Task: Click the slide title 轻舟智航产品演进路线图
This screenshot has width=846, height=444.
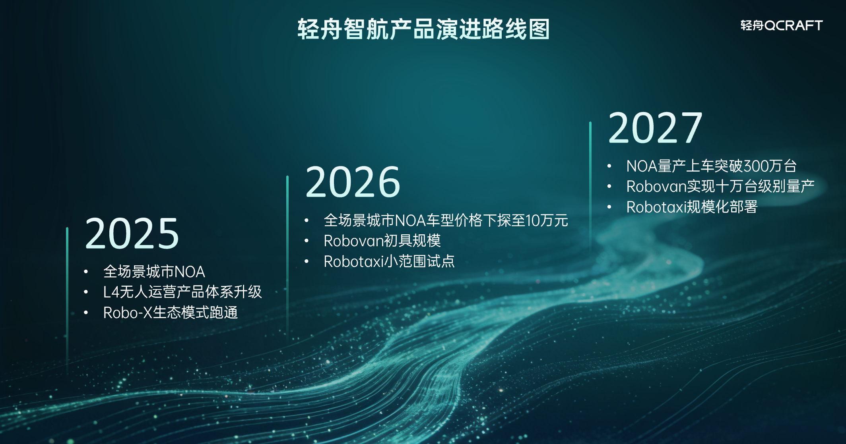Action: click(x=424, y=29)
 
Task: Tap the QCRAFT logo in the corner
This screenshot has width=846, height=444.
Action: click(x=782, y=25)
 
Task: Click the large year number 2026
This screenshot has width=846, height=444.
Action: click(x=353, y=182)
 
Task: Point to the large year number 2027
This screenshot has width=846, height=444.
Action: click(x=656, y=128)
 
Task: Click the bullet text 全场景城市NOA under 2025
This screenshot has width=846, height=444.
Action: click(x=154, y=272)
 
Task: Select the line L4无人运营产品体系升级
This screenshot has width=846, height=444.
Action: click(x=182, y=292)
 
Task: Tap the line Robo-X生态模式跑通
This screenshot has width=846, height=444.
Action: click(x=171, y=313)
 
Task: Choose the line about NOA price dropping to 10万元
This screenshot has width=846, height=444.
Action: click(x=446, y=220)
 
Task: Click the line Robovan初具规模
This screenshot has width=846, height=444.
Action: click(x=382, y=241)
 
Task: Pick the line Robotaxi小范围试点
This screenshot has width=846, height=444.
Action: click(x=389, y=261)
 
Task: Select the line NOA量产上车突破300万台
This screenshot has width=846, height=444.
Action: click(x=712, y=166)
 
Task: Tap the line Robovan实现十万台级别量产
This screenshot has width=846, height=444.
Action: click(x=720, y=186)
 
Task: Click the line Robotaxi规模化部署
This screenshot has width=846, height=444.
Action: click(x=692, y=207)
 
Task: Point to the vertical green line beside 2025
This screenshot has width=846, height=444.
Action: click(x=67, y=300)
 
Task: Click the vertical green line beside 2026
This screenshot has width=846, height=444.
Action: click(x=287, y=258)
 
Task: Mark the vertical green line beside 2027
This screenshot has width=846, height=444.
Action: click(x=590, y=187)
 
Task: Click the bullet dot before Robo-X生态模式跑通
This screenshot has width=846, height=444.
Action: click(x=86, y=313)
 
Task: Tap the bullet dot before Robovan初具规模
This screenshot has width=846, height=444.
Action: click(x=307, y=241)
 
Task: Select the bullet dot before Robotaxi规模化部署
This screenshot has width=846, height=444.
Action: click(x=609, y=207)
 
